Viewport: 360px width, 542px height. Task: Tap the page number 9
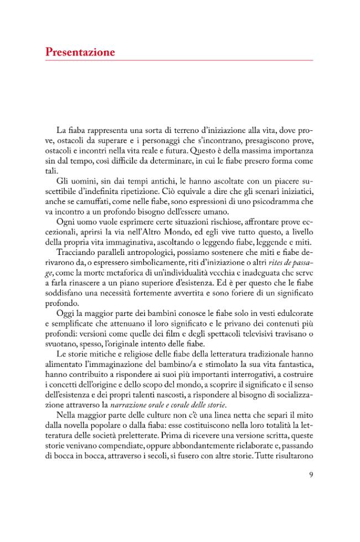point(311,474)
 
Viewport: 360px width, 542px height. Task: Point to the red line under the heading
point(179,60)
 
